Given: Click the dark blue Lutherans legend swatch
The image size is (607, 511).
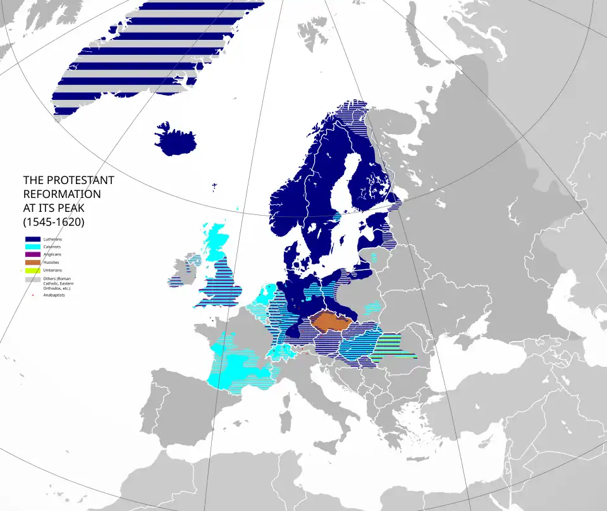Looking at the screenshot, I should [x=32, y=239].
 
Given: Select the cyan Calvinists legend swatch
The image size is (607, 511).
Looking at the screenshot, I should [x=32, y=247].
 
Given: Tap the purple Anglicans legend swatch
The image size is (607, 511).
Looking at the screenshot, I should [x=32, y=254].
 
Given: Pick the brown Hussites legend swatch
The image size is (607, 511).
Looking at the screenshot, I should [x=32, y=262].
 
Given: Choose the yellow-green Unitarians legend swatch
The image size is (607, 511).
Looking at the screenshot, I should [x=32, y=269].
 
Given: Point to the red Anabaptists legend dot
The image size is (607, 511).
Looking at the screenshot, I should [x=33, y=295].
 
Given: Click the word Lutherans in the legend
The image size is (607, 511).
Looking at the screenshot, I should [x=52, y=239].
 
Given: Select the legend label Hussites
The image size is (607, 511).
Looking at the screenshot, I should [x=51, y=262].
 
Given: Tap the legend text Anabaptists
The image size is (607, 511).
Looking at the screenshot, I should [x=54, y=295].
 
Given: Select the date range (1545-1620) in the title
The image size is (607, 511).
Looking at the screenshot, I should [x=54, y=222].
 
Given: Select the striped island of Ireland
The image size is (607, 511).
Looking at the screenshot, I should [x=183, y=273].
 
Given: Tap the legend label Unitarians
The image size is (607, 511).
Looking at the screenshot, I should [x=52, y=269].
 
